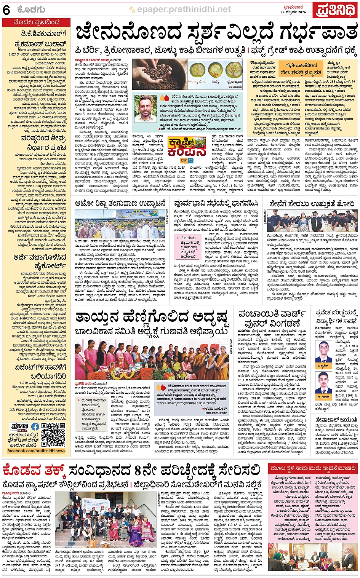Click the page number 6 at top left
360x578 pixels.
pyautogui.click(x=6, y=10)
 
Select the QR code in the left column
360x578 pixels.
pyautogui.click(x=53, y=434)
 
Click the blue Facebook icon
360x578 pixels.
pyautogui.click(x=35, y=426)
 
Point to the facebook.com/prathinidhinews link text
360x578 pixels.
pyautogui.click(x=36, y=451)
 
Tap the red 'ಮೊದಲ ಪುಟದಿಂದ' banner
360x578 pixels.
pyautogui.click(x=36, y=23)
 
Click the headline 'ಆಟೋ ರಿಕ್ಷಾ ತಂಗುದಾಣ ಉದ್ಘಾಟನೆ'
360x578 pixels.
pyautogui.click(x=120, y=203)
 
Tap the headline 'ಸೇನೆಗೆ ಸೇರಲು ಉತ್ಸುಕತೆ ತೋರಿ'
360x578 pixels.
pyautogui.click(x=311, y=203)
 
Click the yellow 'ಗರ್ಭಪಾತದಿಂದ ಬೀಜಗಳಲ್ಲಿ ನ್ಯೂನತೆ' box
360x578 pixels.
pyautogui.click(x=301, y=69)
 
